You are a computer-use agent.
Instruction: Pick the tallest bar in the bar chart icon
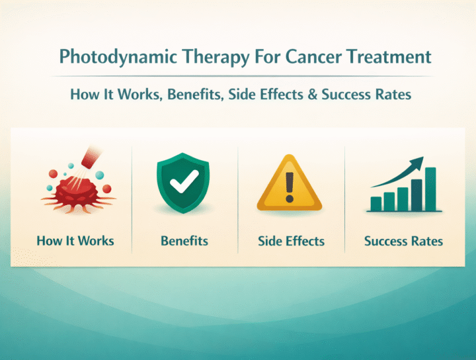pos(430,189)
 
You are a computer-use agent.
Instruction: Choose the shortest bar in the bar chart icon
pos(376,203)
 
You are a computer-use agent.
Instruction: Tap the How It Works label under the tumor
pos(75,240)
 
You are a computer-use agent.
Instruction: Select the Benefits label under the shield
pos(184,241)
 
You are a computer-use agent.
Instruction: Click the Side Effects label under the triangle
pos(292,241)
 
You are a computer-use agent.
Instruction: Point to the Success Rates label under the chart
pos(403,241)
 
